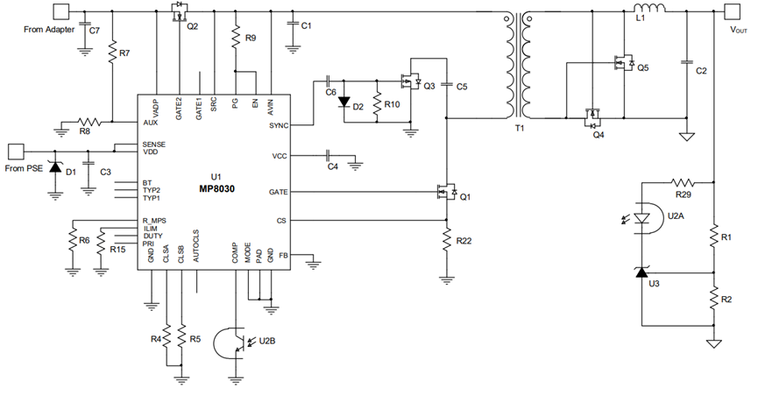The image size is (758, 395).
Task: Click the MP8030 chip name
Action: point(216,188)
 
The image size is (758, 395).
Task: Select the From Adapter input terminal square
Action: point(61,11)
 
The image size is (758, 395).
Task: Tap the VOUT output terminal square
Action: point(732,11)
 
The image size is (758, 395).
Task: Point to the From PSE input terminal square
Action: point(16,152)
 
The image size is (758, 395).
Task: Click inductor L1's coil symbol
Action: point(649,8)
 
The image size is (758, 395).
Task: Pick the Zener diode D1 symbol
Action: point(55,167)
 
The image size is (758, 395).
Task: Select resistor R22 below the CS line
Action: point(447,240)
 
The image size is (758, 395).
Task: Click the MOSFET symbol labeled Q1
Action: point(447,192)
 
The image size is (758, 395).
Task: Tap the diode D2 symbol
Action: point(344,102)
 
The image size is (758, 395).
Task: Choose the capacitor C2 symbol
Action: point(685,62)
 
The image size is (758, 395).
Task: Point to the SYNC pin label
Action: point(279,125)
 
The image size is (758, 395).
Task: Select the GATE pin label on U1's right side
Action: point(278,192)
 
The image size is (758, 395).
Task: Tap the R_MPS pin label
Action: point(154,221)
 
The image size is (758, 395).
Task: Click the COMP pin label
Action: point(235,253)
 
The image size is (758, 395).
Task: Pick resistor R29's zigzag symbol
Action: point(683,182)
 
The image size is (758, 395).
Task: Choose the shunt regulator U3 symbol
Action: point(641,272)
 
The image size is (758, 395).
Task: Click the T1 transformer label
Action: point(519,129)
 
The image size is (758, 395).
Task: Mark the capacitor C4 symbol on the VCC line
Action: point(329,156)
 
